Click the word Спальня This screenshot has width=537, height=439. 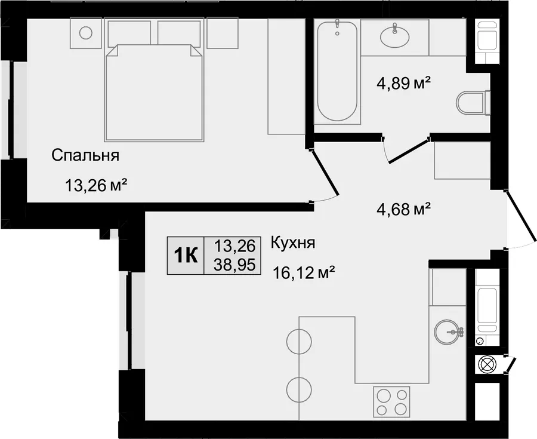[x=85, y=155]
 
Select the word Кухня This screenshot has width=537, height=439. [x=293, y=243]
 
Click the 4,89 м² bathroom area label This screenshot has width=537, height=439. [x=403, y=83]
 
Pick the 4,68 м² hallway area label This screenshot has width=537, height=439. [x=403, y=209]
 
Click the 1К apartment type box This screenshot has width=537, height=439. [x=186, y=255]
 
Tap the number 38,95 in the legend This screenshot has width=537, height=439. [x=235, y=265]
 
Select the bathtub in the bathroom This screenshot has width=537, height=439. [x=337, y=71]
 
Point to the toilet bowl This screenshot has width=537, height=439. [x=474, y=102]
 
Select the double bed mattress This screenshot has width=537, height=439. [x=154, y=93]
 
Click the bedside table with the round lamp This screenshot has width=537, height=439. [x=85, y=33]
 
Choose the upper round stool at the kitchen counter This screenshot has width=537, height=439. [x=299, y=342]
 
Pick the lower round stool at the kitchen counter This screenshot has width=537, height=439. [x=299, y=390]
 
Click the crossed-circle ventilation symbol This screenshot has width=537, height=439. [x=486, y=364]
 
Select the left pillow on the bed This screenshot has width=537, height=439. [x=129, y=33]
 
